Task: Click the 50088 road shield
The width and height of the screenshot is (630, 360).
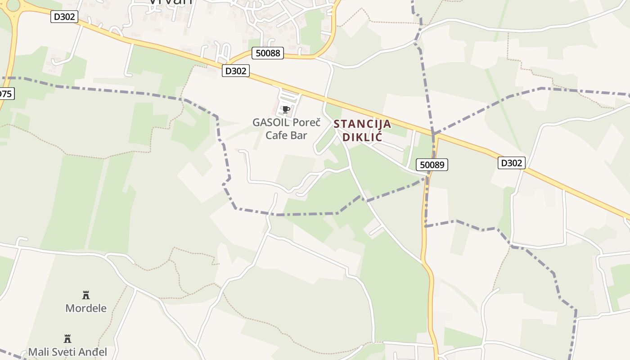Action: [x=268, y=53]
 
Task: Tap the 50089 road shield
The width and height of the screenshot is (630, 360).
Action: [x=432, y=165]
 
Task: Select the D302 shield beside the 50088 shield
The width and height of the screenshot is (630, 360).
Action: [x=235, y=71]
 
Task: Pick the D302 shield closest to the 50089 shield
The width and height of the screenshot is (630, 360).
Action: [x=511, y=163]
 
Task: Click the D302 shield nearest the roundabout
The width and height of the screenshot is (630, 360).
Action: [x=64, y=17]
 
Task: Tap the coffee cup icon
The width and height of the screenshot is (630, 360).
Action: [x=286, y=109]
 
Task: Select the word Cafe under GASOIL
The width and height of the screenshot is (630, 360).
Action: [x=276, y=135]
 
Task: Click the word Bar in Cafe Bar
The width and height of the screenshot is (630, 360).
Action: [x=298, y=135]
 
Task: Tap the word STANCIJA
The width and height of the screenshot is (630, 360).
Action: [x=362, y=124]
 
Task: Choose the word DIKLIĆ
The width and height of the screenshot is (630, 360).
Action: [x=362, y=137]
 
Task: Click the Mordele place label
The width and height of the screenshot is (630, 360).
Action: [x=86, y=308]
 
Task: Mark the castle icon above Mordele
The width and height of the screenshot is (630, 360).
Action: [x=86, y=295]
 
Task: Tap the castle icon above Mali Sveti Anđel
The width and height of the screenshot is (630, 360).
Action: [x=67, y=338]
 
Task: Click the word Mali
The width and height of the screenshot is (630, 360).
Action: [x=38, y=352]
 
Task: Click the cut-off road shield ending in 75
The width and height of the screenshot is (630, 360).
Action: [x=6, y=94]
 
